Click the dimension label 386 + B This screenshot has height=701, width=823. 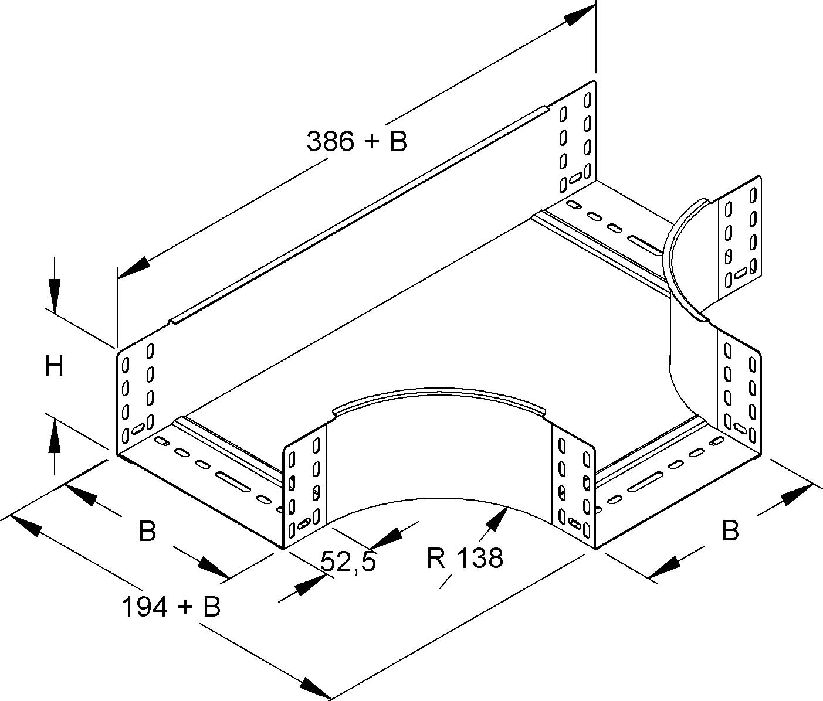pos(357,142)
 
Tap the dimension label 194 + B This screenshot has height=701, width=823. pos(171,607)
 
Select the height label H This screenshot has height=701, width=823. pos(55,367)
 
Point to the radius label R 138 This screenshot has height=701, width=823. pos(465,558)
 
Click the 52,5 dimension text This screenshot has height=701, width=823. pos(348,562)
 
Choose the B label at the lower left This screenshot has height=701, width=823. pos(147,532)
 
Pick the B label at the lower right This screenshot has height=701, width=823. pos(730,531)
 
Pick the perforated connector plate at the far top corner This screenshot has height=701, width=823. pos(575,141)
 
